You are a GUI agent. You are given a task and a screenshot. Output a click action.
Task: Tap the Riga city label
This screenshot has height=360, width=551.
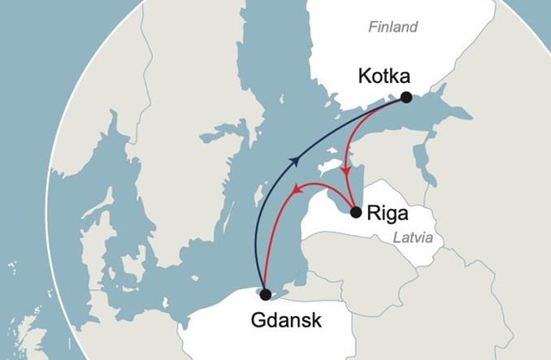click(x=389, y=215)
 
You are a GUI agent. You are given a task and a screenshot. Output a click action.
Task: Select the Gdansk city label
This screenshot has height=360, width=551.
click(x=275, y=320)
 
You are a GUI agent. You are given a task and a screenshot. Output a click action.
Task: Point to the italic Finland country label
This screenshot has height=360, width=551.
click(x=393, y=28)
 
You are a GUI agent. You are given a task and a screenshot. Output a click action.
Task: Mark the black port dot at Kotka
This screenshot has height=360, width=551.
click(x=406, y=98)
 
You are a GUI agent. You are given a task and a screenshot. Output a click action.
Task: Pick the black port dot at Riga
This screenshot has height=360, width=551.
click(x=355, y=213)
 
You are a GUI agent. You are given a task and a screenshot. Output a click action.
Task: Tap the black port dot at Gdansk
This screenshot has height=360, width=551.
click(x=265, y=294)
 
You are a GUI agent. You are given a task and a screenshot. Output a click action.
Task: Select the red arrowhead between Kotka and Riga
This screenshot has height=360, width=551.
click(x=348, y=171)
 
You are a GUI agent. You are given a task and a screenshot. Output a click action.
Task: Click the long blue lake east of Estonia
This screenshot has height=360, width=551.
click(x=419, y=158)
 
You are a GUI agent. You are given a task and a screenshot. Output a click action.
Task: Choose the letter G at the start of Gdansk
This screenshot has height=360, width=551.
click(x=236, y=320)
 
